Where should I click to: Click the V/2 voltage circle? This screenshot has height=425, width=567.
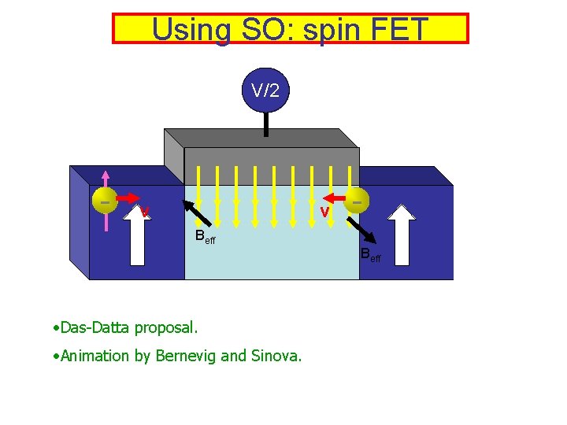[265, 91]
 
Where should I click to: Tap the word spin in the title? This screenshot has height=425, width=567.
[322, 29]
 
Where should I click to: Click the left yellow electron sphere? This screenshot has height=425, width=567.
[105, 201]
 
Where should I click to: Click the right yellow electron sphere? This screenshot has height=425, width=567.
[357, 201]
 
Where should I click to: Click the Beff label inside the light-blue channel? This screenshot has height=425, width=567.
[205, 237]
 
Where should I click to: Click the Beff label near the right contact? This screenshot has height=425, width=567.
[370, 254]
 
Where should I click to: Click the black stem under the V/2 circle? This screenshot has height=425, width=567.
[266, 124]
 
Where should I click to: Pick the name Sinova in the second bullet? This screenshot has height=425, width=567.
[276, 356]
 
